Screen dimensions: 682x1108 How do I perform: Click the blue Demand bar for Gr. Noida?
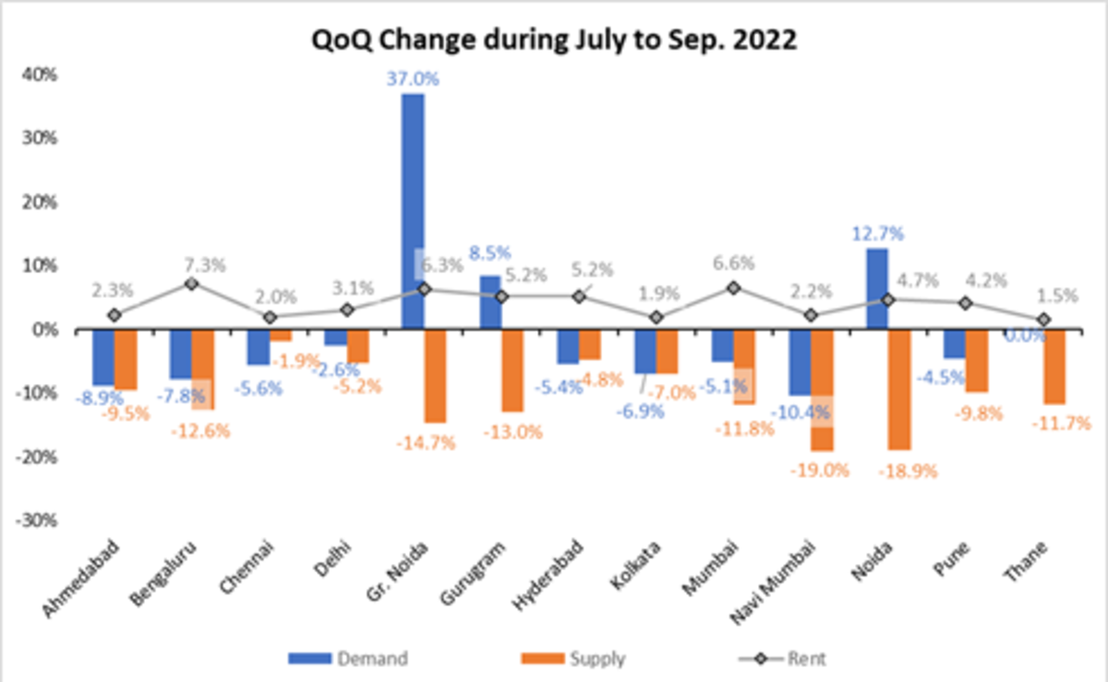(x=413, y=212)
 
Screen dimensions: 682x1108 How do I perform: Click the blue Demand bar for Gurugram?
(x=490, y=303)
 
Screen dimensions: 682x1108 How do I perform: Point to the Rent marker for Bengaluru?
(x=191, y=283)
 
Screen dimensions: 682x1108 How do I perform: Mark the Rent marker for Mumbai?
(x=734, y=288)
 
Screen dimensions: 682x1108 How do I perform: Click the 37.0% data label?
(x=413, y=79)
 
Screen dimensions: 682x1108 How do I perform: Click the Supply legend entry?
(x=572, y=658)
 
